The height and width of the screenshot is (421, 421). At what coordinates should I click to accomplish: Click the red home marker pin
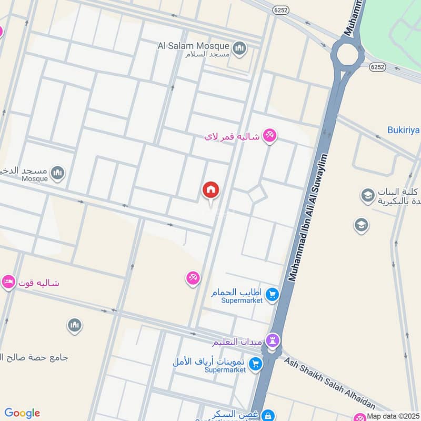(x=211, y=190)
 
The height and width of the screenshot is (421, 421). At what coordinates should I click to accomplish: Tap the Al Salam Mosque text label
(x=193, y=46)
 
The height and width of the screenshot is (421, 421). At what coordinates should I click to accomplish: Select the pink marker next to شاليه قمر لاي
(x=269, y=136)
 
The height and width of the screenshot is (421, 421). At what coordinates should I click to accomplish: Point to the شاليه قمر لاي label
(x=232, y=136)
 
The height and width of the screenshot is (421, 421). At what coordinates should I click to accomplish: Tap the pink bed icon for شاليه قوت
(x=8, y=283)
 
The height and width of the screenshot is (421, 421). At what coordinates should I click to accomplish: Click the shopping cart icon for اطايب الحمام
(x=272, y=294)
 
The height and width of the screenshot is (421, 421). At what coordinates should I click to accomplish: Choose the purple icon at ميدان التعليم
(x=273, y=340)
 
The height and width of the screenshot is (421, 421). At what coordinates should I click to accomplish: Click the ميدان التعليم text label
(x=237, y=343)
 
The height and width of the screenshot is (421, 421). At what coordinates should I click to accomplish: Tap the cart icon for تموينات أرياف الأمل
(x=255, y=364)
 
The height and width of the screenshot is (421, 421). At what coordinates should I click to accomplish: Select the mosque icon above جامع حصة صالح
(x=74, y=326)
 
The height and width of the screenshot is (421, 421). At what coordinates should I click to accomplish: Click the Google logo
(x=22, y=413)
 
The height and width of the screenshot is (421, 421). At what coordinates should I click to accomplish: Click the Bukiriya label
(x=403, y=129)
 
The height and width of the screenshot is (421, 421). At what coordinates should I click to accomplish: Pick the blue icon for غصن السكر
(x=267, y=416)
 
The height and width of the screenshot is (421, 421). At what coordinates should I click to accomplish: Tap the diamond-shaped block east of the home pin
(x=258, y=194)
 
